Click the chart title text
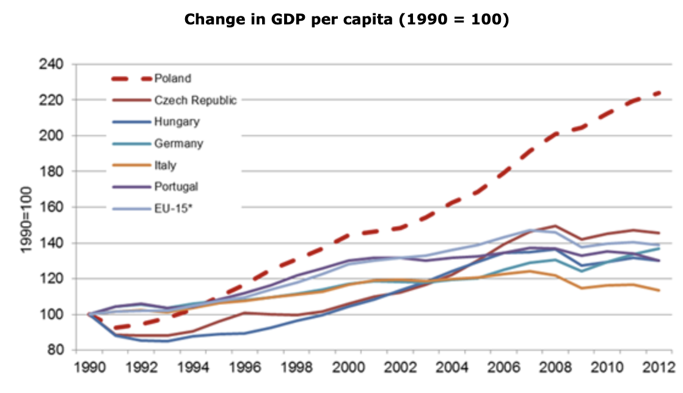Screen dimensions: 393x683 pos(346,19)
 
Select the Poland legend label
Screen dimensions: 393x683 pos(172,78)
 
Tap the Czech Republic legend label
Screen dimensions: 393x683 pos(195,100)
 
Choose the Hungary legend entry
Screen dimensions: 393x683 pos(177,121)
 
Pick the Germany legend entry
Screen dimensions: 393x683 pos(178,143)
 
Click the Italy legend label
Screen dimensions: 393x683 pos(165,165)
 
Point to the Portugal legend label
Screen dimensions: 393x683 pos(176,186)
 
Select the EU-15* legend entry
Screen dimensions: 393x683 pos(173,208)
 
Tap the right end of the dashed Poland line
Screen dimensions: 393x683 pos(659,93)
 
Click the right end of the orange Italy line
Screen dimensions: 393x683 pos(659,290)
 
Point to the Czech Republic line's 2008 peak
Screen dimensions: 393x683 pos(555,226)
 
